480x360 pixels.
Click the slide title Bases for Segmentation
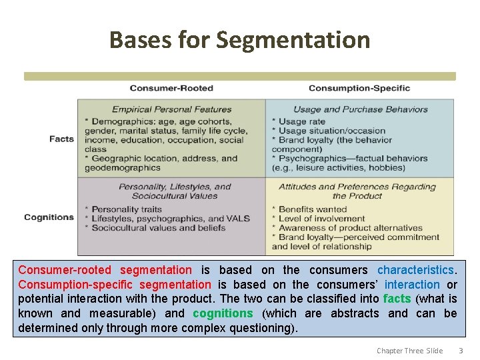click(239, 40)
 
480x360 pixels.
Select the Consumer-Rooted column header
click(171, 88)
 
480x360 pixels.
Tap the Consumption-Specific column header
click(359, 88)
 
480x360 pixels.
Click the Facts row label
click(61, 139)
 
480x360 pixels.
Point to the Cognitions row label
click(49, 217)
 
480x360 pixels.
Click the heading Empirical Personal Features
click(171, 109)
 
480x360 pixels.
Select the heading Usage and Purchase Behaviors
click(359, 109)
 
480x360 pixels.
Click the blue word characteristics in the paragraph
click(415, 270)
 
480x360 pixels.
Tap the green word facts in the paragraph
click(397, 299)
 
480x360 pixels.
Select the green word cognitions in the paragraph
click(223, 313)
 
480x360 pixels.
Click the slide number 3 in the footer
click(460, 351)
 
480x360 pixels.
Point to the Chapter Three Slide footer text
click(409, 351)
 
